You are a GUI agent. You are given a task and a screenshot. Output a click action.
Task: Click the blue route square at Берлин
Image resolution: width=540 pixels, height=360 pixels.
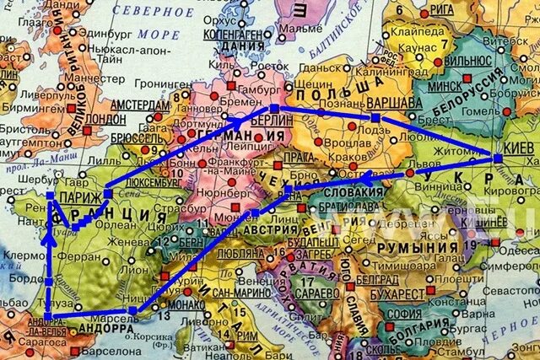click(x=273, y=108)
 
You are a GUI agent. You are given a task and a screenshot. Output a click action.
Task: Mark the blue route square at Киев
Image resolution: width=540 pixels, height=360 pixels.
click(x=498, y=158)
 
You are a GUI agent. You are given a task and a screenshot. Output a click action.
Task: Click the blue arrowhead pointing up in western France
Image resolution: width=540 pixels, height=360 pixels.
click(x=51, y=239)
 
